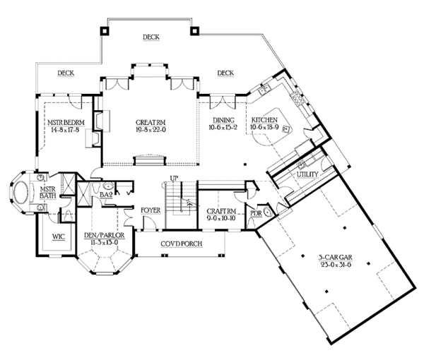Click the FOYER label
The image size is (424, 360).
(x=151, y=210)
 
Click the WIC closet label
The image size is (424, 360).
(x=58, y=237)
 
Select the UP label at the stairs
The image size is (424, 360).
(x=172, y=178)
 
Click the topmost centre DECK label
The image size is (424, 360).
(x=150, y=37)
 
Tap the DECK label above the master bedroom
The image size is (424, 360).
(x=66, y=72)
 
